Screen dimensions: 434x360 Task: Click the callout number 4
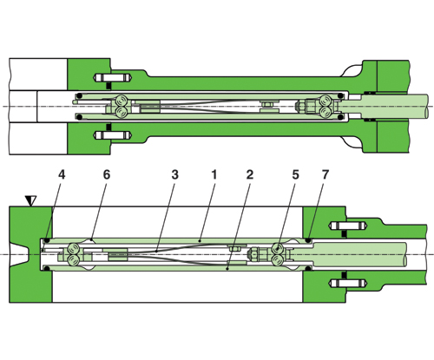click(x=62, y=175)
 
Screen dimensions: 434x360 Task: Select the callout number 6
click(x=107, y=175)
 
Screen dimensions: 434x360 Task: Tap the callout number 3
click(x=174, y=175)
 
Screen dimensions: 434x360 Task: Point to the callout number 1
click(x=214, y=175)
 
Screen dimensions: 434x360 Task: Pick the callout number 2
click(x=250, y=175)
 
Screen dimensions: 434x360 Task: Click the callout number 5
click(x=295, y=175)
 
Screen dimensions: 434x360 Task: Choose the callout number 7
click(x=325, y=175)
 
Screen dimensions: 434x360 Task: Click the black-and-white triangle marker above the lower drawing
click(x=30, y=200)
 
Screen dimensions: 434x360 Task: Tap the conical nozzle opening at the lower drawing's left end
click(x=20, y=254)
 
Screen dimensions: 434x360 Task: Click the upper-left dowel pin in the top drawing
click(x=113, y=77)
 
